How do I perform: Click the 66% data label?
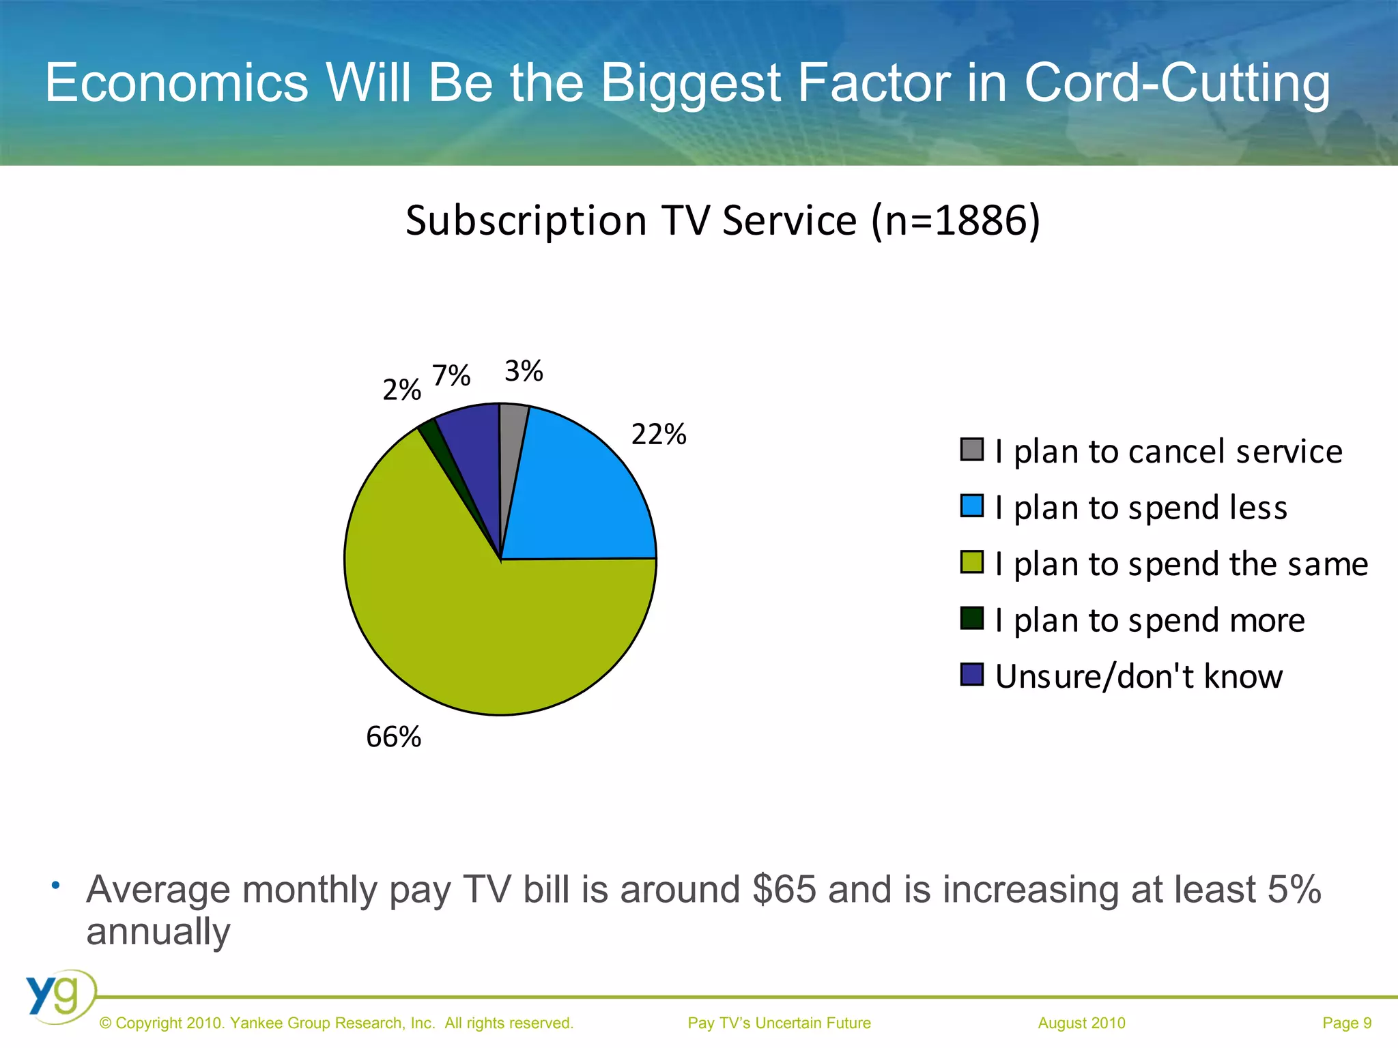pos(394,737)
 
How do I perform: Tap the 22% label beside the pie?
pos(659,435)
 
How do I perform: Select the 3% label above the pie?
pos(524,371)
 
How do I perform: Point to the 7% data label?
pos(451,375)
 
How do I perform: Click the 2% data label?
pos(401,390)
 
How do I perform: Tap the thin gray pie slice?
pos(512,437)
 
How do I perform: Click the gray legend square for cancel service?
pos(971,450)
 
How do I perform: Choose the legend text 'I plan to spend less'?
pos(1141,508)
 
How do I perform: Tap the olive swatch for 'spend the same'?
pos(971,563)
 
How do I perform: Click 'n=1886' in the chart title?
pos(954,221)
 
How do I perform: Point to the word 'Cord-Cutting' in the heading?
pos(1177,83)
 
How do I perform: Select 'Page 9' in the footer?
pos(1346,1023)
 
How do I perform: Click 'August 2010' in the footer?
pos(1081,1023)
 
